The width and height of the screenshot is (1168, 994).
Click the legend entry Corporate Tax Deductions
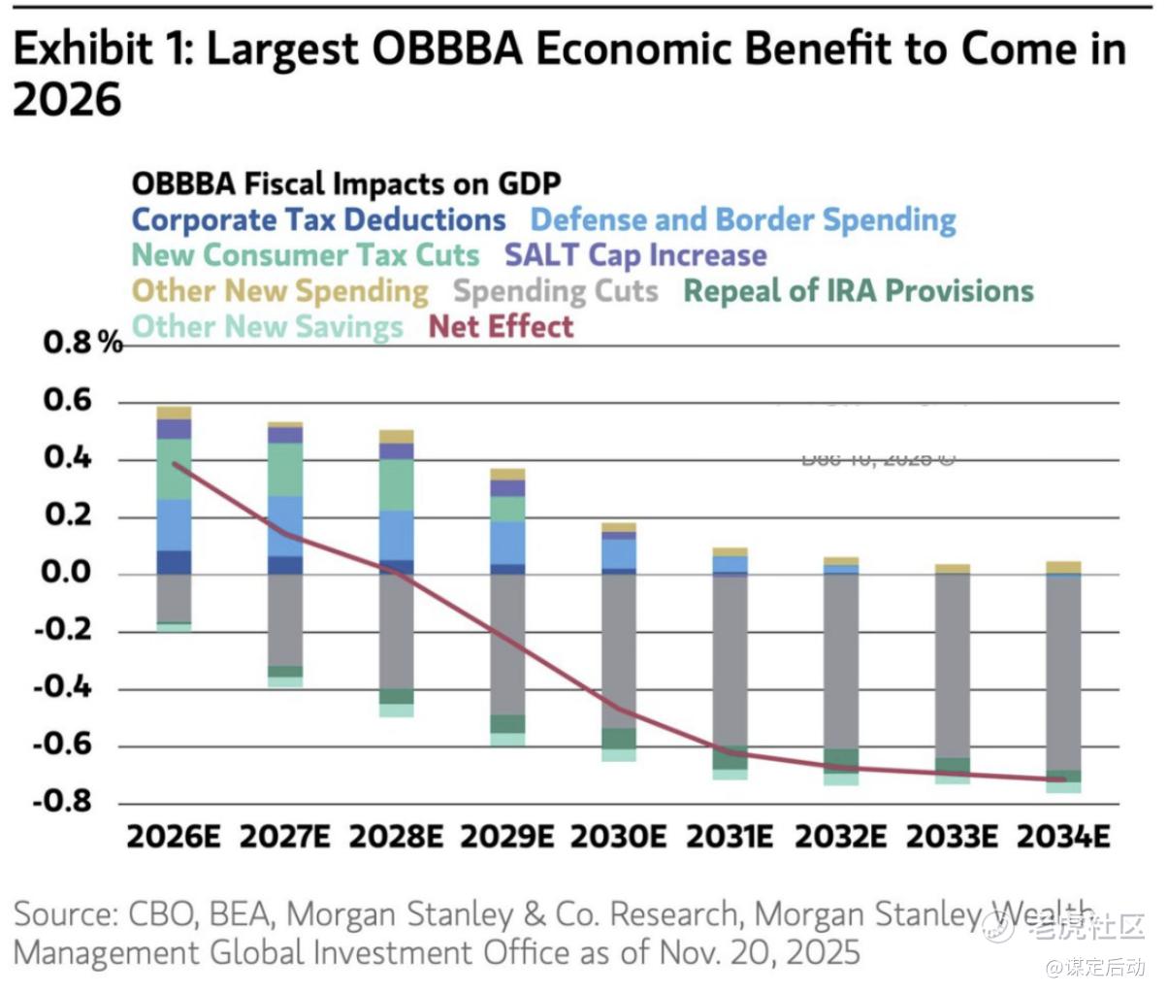coord(318,220)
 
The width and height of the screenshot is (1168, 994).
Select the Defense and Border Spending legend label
coord(743,220)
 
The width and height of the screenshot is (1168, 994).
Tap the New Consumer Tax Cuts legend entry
coord(305,255)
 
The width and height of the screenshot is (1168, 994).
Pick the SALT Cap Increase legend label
coord(635,255)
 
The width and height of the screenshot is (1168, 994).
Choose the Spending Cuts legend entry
coord(556,291)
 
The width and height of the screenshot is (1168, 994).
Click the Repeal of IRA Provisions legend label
coord(859,291)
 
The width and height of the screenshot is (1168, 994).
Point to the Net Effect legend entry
coord(501,326)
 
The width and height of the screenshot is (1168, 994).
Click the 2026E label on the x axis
coord(174,837)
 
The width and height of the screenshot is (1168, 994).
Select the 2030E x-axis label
coord(618,837)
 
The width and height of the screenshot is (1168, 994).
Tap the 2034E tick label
coord(1062,837)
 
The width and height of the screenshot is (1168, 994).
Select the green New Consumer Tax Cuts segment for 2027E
coord(285,470)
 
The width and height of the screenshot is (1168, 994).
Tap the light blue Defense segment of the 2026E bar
coord(174,524)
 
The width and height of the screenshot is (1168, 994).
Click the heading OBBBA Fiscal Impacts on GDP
coord(346,183)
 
